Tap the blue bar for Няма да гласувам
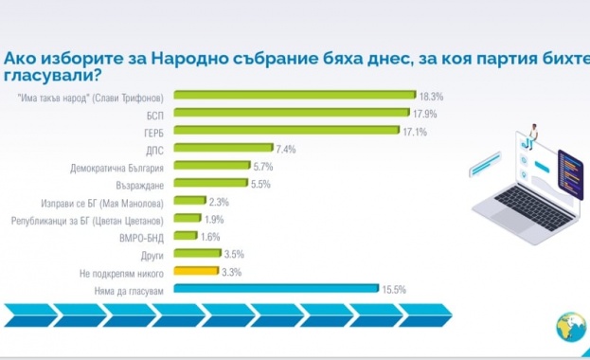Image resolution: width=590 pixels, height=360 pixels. coord(278,290)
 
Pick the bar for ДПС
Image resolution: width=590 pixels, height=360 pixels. coord(224,149)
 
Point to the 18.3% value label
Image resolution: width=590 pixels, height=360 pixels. coord(433,96)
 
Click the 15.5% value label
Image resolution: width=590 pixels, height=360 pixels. coord(394,290)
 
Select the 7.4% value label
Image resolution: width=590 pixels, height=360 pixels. coord(283,149)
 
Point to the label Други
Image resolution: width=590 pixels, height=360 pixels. coord(154,255)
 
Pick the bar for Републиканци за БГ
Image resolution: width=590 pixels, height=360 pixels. coord(189,220)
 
